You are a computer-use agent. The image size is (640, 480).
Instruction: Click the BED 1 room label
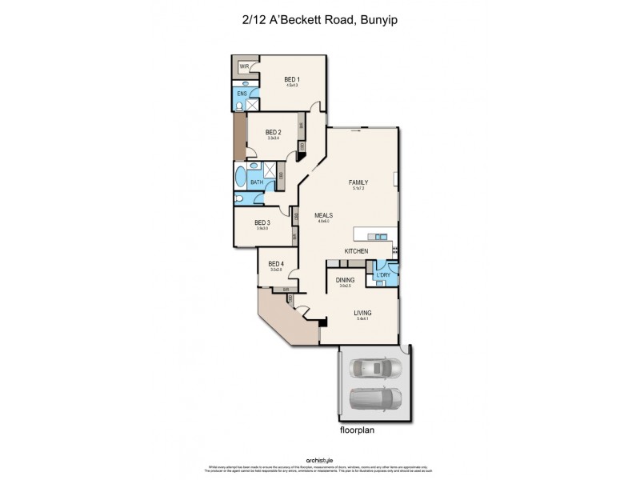point(291,79)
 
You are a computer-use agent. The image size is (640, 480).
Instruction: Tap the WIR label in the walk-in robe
point(243,66)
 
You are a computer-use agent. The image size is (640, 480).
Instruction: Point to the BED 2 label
point(274,133)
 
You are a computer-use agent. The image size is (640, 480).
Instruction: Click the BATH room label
point(256,182)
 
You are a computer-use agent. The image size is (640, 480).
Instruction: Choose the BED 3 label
point(262,223)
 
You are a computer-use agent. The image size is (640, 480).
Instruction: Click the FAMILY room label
point(358,182)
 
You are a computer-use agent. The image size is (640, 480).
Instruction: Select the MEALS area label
point(323,216)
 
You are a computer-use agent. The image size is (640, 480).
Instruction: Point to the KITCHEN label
point(356,251)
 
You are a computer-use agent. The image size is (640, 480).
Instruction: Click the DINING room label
point(346,280)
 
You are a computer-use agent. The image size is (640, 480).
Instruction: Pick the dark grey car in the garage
point(374,399)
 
